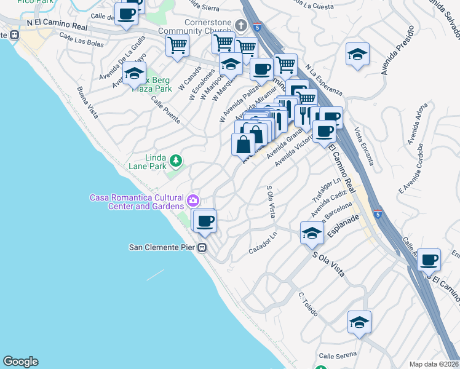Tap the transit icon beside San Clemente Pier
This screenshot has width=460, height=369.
[202, 248]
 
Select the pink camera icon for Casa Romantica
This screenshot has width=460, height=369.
[193, 200]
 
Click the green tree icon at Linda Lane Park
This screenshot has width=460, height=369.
[176, 161]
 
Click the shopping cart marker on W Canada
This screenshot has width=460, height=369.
[177, 46]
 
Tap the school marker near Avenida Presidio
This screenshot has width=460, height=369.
[357, 55]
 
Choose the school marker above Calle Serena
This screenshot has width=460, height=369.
[359, 322]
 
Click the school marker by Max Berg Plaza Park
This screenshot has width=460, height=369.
[134, 74]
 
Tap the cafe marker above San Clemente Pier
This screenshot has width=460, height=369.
[205, 221]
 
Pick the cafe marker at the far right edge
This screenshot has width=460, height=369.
[429, 260]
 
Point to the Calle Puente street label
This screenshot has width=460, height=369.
[164, 111]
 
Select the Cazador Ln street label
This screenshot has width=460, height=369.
[263, 247]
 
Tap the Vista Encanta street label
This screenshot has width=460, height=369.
[364, 146]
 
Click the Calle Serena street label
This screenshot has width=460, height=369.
[338, 356]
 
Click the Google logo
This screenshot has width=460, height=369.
[20, 362]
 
